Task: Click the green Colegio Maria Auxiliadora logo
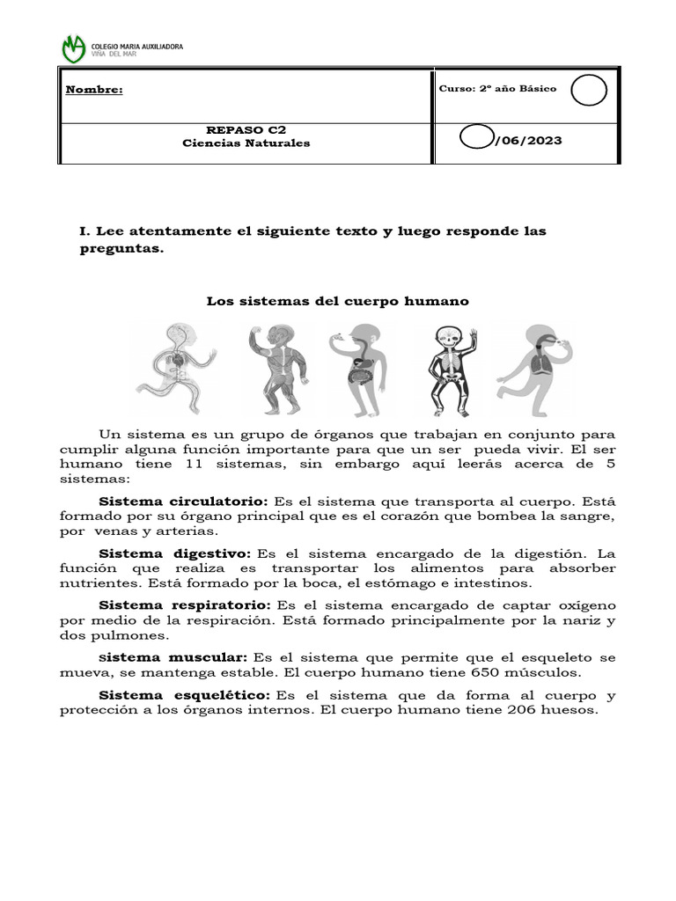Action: click(x=74, y=48)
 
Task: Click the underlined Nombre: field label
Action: click(x=93, y=90)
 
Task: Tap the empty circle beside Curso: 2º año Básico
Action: click(x=588, y=90)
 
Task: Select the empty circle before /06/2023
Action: click(x=476, y=140)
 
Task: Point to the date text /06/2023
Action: click(x=527, y=141)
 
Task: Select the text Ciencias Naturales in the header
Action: click(x=246, y=143)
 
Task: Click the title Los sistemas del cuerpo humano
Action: click(x=338, y=301)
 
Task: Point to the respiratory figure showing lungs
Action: click(x=535, y=368)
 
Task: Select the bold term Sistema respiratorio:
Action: click(x=184, y=605)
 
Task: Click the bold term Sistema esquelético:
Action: click(x=183, y=695)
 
